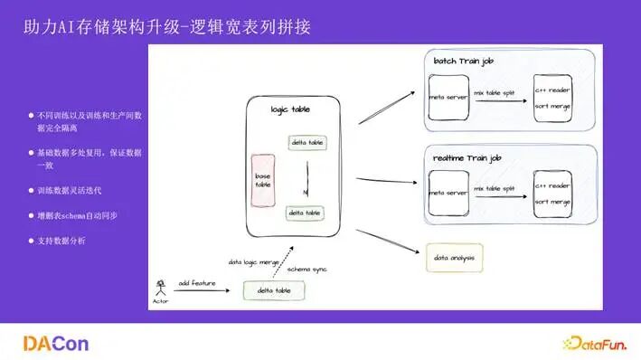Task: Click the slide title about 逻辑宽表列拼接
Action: tap(167, 28)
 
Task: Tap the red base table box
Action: tap(263, 180)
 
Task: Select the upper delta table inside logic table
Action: tap(308, 143)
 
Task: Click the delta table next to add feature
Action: tap(272, 290)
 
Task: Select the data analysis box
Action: tap(454, 259)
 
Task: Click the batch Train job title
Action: tap(463, 62)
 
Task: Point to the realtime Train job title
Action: tap(467, 158)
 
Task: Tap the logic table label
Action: tap(290, 109)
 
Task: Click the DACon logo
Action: tap(56, 344)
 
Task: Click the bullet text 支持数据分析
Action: tap(61, 241)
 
